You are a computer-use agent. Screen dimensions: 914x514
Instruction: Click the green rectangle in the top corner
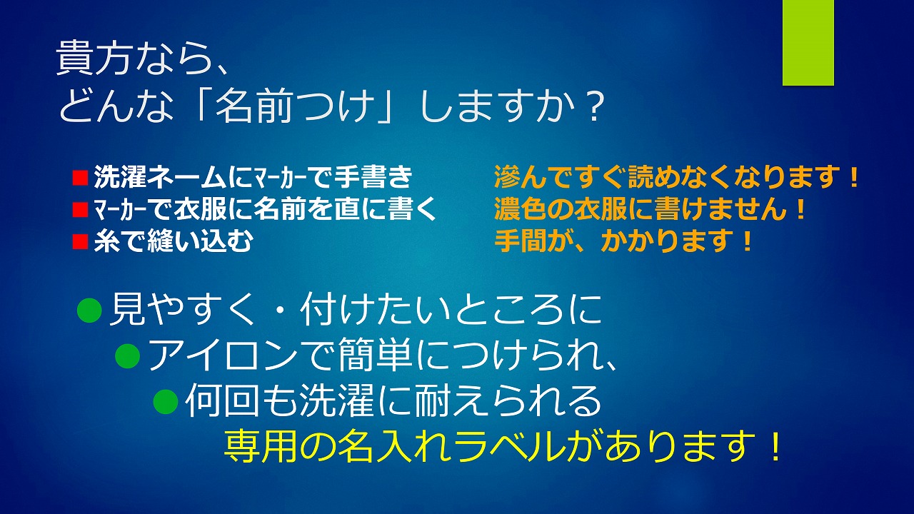click(808, 42)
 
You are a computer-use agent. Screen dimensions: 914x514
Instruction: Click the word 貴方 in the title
click(94, 59)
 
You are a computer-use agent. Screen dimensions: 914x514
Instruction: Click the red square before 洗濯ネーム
click(81, 178)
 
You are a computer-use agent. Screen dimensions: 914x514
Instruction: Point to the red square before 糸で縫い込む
click(81, 241)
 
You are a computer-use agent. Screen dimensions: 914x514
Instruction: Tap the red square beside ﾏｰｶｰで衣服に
click(81, 210)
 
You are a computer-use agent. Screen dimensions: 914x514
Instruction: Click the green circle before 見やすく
click(89, 311)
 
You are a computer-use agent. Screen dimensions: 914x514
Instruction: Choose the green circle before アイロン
click(128, 356)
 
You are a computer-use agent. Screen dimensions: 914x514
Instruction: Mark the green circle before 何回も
click(166, 401)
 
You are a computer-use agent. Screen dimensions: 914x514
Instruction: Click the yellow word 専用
click(261, 446)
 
